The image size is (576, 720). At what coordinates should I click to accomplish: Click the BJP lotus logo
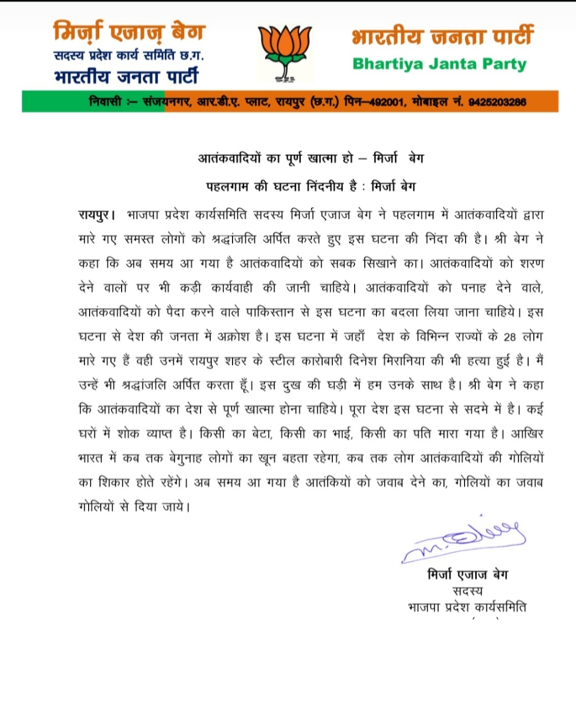click(x=285, y=53)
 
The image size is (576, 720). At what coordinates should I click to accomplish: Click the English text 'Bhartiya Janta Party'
click(x=439, y=64)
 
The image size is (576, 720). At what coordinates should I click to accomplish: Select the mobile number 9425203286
click(x=497, y=102)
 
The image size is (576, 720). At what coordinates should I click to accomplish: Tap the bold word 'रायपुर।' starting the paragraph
click(x=97, y=215)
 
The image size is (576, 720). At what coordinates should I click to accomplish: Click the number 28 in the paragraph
click(x=510, y=337)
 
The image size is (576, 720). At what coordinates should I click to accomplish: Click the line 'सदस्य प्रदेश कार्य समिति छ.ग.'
click(x=129, y=55)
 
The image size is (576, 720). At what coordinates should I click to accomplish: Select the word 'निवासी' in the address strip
click(x=106, y=102)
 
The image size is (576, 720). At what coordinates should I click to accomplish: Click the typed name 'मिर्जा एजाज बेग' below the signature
click(x=467, y=575)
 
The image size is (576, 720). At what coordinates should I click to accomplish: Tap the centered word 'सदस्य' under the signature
click(x=467, y=591)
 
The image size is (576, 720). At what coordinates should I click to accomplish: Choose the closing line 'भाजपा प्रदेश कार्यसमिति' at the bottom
click(x=467, y=607)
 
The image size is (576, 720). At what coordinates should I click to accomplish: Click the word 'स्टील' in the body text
click(x=282, y=361)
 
